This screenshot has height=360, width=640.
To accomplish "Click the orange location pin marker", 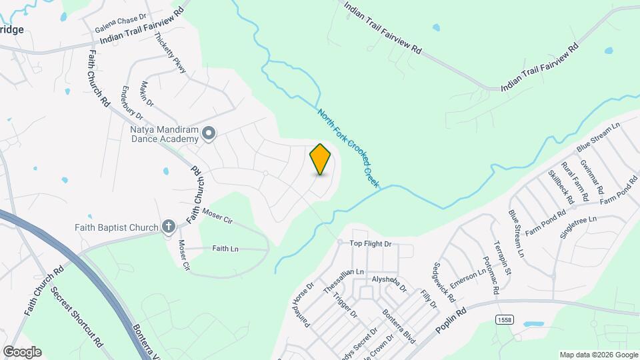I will (321, 159).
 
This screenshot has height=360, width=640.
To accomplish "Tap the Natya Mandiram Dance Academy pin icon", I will (209, 134).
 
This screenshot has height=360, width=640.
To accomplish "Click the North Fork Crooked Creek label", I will (347, 149).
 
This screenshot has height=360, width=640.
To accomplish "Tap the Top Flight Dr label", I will (371, 244).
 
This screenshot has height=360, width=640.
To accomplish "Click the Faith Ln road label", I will (225, 248).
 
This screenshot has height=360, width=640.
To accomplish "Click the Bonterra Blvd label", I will (398, 326).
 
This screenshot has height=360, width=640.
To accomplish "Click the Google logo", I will (22, 352).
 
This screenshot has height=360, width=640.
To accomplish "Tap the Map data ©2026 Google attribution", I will (598, 355).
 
